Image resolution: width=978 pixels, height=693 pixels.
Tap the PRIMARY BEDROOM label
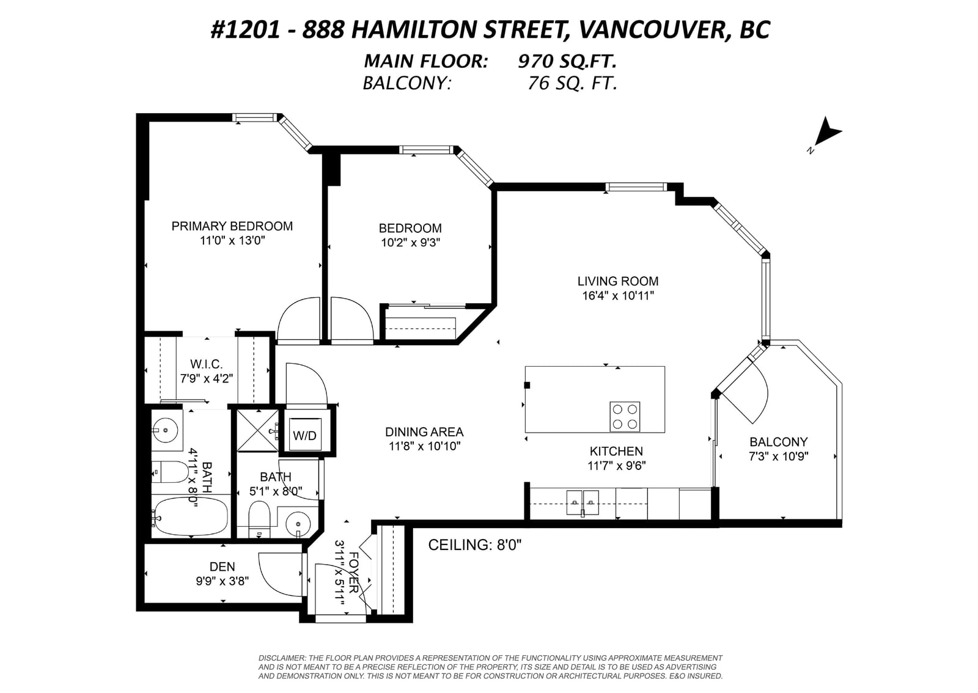[x=232, y=226]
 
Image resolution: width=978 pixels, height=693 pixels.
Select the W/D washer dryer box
[x=305, y=435]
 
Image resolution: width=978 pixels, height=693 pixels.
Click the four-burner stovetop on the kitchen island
[x=625, y=416]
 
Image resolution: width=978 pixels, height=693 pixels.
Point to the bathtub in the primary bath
[x=191, y=516]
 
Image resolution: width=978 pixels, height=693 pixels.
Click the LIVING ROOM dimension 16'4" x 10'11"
[x=618, y=296]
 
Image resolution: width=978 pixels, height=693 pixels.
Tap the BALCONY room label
[x=779, y=442]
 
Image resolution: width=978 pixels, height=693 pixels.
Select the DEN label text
[x=222, y=566]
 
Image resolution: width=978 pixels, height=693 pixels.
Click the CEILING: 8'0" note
[x=474, y=544]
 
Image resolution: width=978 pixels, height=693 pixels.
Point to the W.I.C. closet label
[x=206, y=364]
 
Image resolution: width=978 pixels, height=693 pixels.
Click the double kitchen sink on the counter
[x=583, y=503]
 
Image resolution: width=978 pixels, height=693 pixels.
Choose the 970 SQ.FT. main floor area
[x=567, y=61]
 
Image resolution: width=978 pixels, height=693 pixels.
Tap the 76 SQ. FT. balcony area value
[x=573, y=83]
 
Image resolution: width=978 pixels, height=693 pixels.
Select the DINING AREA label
[x=424, y=432]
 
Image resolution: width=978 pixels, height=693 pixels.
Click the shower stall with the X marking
[x=257, y=430]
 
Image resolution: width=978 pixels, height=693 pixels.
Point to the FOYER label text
[x=354, y=573]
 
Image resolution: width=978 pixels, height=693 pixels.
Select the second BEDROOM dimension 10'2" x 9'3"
[x=410, y=243]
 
